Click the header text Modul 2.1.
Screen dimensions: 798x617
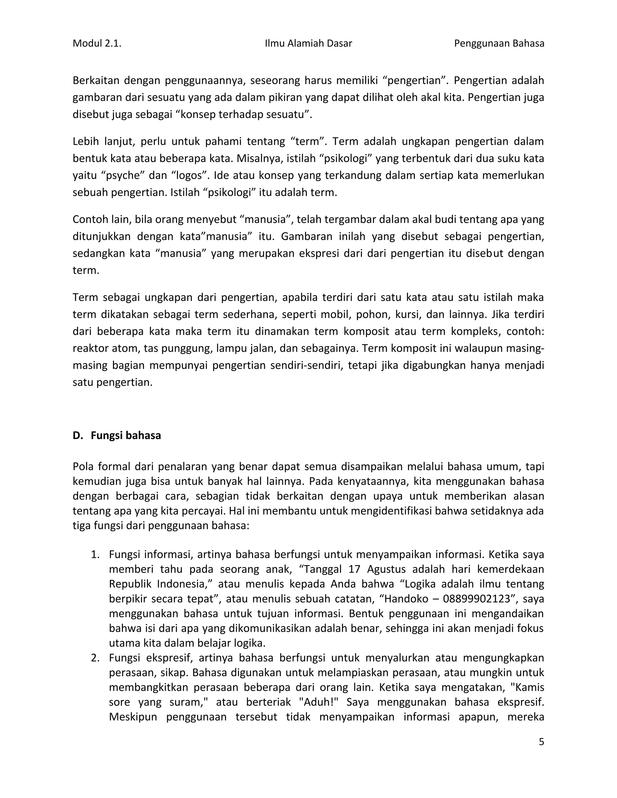(x=97, y=43)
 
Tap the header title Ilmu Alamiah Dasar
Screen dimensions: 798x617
(x=308, y=43)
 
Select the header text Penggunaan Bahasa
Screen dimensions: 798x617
(x=499, y=43)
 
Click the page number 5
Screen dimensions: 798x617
(x=541, y=742)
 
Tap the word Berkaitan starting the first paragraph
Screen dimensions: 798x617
(x=96, y=80)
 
